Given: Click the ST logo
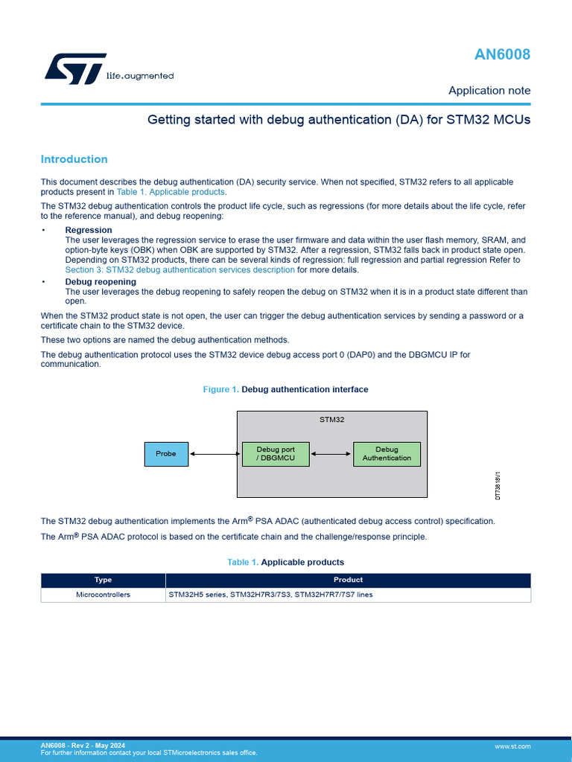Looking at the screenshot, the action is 66,68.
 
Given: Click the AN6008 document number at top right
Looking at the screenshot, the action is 503,54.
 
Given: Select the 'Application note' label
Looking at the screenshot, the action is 489,91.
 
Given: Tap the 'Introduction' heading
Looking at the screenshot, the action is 74,159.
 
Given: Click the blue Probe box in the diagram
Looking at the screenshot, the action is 166,454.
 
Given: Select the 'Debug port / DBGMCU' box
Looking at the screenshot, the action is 276,454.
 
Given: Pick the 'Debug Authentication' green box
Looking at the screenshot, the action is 387,454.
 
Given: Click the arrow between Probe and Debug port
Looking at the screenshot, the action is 215,454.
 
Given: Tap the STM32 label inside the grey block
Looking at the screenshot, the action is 332,420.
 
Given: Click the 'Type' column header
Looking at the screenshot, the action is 103,580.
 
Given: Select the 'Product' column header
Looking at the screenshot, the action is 348,580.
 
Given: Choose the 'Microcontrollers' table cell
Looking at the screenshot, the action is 103,595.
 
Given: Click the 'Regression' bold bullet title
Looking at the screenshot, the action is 89,230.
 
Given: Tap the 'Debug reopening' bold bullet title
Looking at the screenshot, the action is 101,282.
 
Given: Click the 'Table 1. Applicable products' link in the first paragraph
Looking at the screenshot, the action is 171,192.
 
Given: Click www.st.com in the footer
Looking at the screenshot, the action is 512,746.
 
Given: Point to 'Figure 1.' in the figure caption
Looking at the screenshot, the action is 221,389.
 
